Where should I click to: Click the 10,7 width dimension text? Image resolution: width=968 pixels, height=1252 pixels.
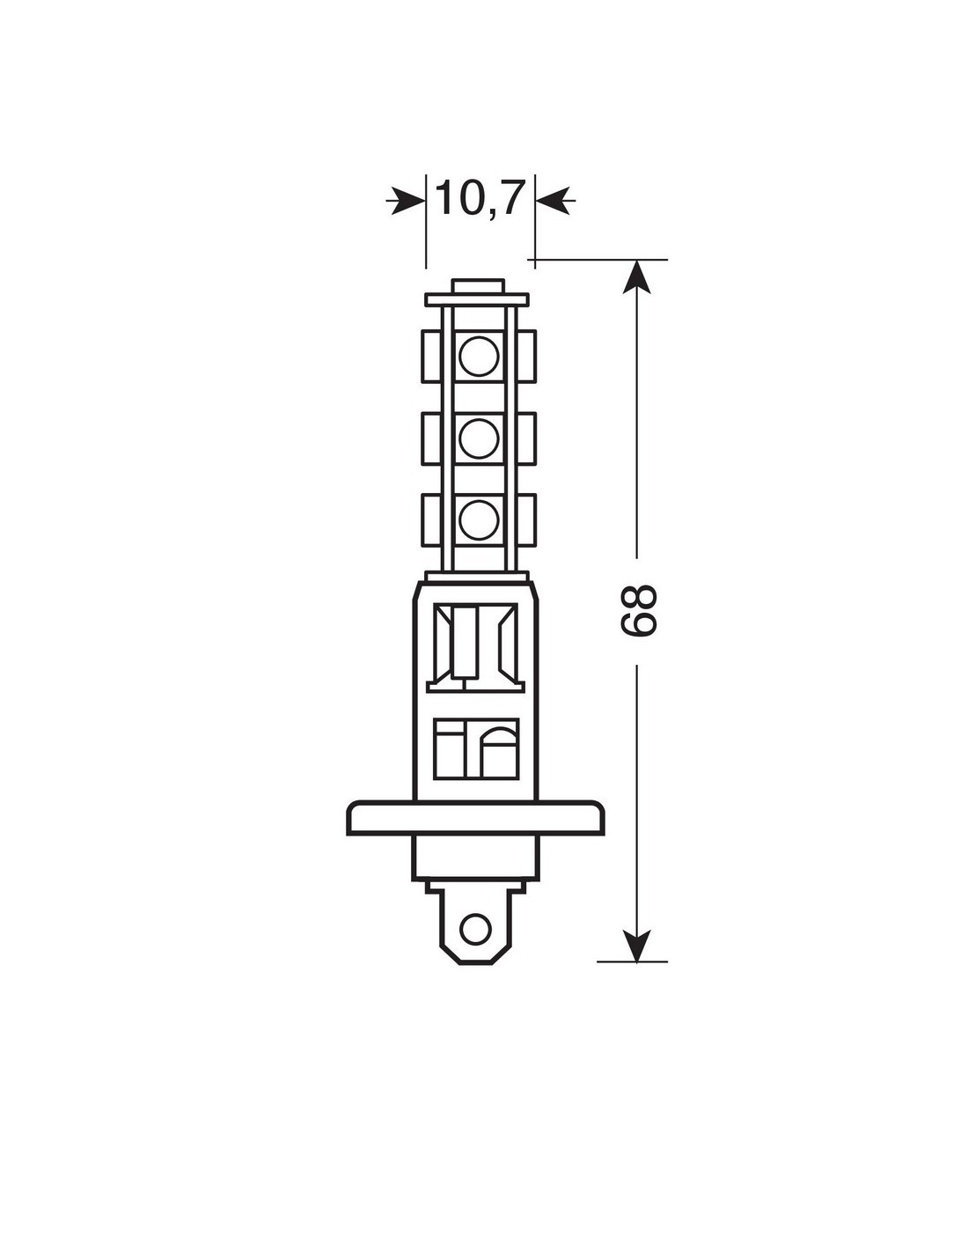point(480,199)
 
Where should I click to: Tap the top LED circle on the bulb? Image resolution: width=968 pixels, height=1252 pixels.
point(479,356)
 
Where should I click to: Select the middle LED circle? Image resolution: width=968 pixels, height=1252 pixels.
point(479,438)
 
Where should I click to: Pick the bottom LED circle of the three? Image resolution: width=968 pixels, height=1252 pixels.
point(479,519)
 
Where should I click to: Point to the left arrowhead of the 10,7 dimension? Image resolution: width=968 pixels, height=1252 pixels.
point(407,201)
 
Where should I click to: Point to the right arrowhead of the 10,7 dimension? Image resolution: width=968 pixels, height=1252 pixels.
point(554,201)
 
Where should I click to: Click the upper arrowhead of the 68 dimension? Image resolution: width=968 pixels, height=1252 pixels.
point(637,277)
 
